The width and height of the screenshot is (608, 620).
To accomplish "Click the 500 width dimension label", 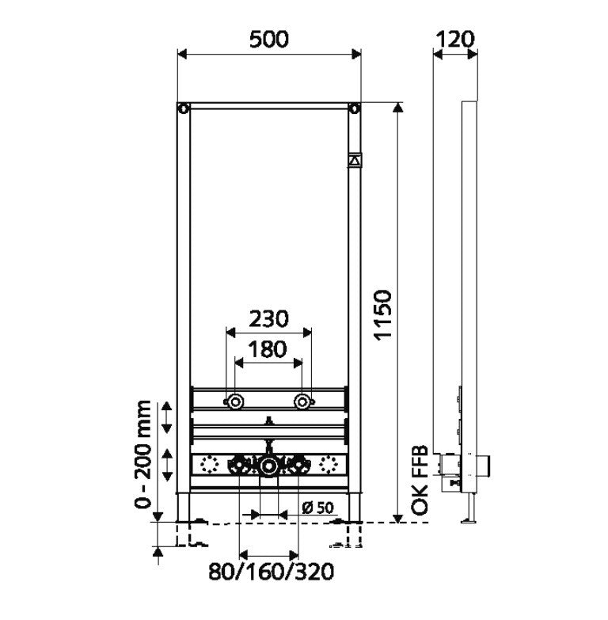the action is [x=269, y=40].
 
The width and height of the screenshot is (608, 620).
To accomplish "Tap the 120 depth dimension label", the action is [x=454, y=40].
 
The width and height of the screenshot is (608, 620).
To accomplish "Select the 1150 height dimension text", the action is [x=382, y=314].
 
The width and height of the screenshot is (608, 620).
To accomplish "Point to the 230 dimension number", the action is [x=269, y=319].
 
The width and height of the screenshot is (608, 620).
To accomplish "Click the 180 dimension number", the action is [x=268, y=349].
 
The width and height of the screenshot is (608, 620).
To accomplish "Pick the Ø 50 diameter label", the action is [x=317, y=508].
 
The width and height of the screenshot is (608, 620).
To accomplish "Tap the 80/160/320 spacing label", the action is [x=272, y=572].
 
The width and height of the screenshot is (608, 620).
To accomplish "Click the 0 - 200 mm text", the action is [x=142, y=455].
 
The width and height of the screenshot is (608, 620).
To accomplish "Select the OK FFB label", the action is [x=420, y=480].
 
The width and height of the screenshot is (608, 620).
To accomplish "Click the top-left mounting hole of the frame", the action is [x=184, y=108].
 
